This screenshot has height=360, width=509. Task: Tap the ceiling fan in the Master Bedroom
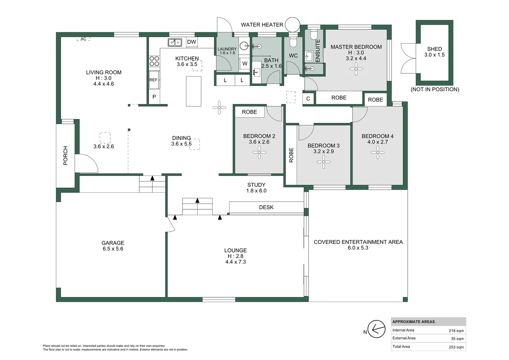pyautogui.click(x=356, y=69)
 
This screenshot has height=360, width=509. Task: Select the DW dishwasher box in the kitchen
pyautogui.click(x=192, y=42)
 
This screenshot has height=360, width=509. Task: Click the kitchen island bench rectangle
pyautogui.click(x=194, y=91)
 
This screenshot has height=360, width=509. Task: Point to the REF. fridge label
pyautogui.click(x=154, y=80)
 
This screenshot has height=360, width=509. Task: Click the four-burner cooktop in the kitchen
pyautogui.click(x=154, y=61)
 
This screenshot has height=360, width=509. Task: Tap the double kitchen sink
pyautogui.click(x=175, y=42)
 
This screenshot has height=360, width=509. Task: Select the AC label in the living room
pyautogui.click(x=83, y=39)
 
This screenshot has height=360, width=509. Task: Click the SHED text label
pyautogui.click(x=434, y=49)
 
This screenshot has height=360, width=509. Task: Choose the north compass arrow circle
pyautogui.click(x=376, y=329)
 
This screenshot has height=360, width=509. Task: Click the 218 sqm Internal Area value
pyautogui.click(x=456, y=331)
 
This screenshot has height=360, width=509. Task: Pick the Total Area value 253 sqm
pyautogui.click(x=456, y=347)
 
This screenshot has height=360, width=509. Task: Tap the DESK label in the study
pyautogui.click(x=266, y=207)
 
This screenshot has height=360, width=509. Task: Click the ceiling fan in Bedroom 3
pyautogui.click(x=323, y=162)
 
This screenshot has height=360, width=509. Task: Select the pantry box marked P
pyautogui.click(x=154, y=97)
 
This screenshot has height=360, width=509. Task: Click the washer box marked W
pyautogui.click(x=245, y=64)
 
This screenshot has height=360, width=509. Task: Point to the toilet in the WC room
pyautogui.click(x=293, y=41)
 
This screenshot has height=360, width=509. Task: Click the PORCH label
pyautogui.click(x=65, y=155)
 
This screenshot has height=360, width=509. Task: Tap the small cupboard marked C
pyautogui.click(x=308, y=99)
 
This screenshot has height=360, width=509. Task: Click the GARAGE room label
pyautogui.click(x=113, y=243)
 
